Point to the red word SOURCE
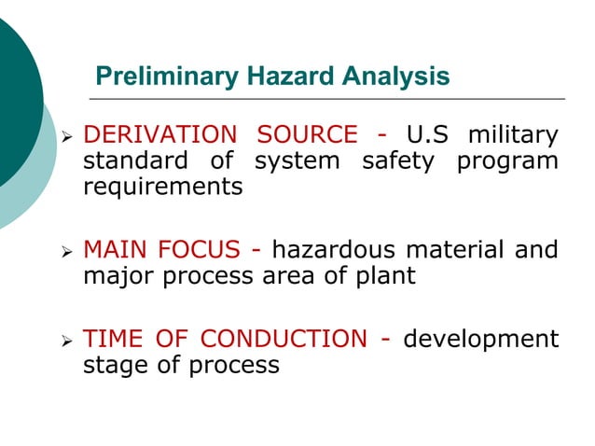(x=307, y=135)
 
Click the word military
(x=514, y=135)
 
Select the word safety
(x=397, y=160)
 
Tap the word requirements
(x=163, y=187)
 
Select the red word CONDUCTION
(x=284, y=339)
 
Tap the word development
(x=480, y=339)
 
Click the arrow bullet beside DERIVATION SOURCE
(x=66, y=138)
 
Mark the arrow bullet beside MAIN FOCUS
(x=66, y=252)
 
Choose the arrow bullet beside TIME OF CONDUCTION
(x=66, y=341)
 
